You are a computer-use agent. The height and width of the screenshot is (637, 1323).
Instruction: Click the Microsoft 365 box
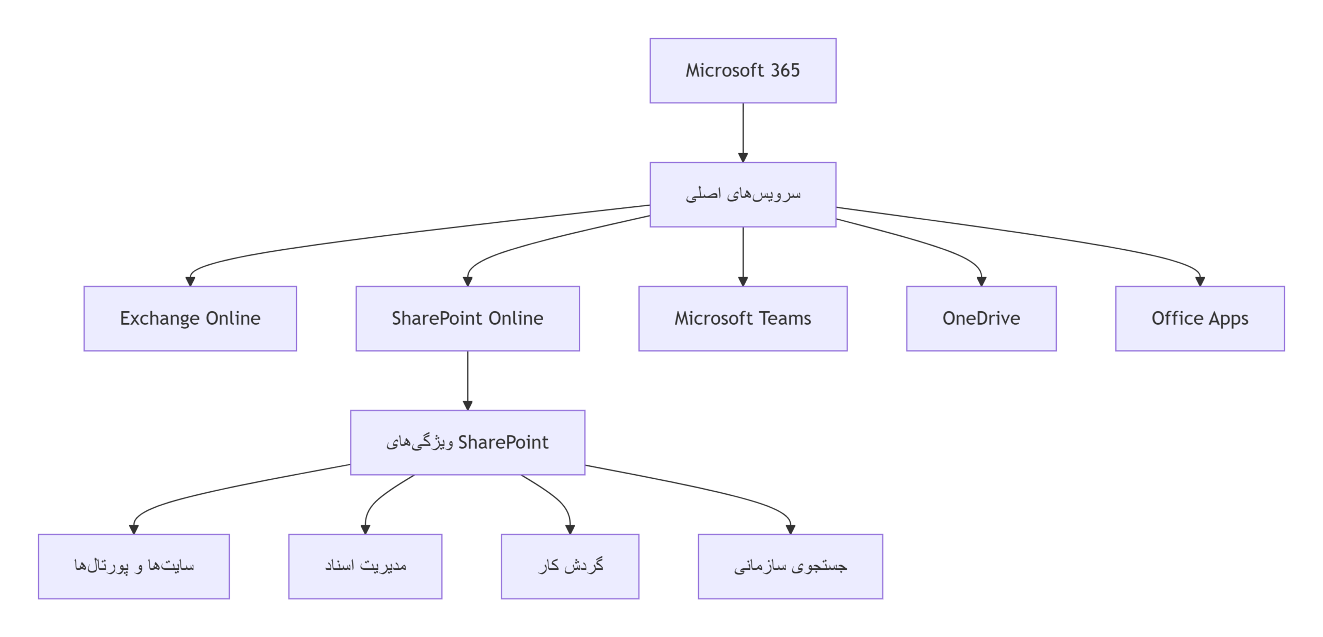pos(743,70)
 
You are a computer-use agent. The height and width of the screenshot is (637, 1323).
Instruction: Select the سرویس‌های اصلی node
pos(743,194)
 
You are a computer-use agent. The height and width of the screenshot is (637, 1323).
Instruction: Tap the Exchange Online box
pos(190,318)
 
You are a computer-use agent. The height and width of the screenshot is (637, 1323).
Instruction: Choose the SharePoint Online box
pos(467,318)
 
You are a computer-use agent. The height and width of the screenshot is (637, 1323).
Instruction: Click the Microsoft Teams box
pos(743,318)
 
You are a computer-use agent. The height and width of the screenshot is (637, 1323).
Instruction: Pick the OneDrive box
pos(981,318)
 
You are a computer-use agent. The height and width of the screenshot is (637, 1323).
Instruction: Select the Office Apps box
pos(1199,318)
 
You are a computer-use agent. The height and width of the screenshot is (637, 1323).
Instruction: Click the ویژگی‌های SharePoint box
pos(467,443)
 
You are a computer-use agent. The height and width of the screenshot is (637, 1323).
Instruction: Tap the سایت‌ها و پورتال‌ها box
pos(134,566)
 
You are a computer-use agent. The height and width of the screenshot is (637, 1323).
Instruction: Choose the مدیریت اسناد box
pos(365,566)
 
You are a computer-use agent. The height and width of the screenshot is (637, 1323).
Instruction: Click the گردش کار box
pos(570,566)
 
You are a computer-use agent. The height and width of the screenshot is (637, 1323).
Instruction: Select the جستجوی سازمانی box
pos(790,566)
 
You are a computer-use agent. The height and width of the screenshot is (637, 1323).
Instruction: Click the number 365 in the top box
pos(785,70)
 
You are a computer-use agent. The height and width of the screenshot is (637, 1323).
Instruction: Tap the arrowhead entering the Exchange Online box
pos(190,281)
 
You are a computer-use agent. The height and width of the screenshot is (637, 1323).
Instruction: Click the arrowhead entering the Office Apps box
pos(1200,281)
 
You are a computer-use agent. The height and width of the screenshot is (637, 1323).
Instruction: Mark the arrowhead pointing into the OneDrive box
pos(981,281)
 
